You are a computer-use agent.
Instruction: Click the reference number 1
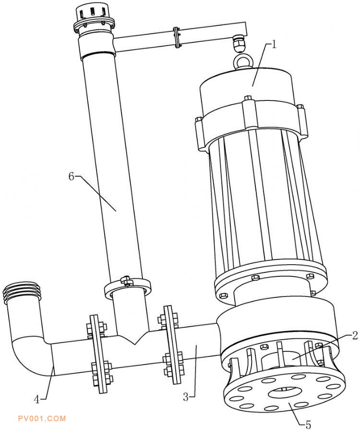(274, 45)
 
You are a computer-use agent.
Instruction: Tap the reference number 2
(355, 335)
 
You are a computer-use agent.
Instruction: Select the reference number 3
(186, 397)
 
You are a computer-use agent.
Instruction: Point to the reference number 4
(37, 399)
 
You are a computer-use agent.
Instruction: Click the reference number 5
(308, 425)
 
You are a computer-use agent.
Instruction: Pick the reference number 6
(72, 176)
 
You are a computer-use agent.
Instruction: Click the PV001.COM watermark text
(42, 419)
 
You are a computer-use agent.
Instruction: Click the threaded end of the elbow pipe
(22, 292)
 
